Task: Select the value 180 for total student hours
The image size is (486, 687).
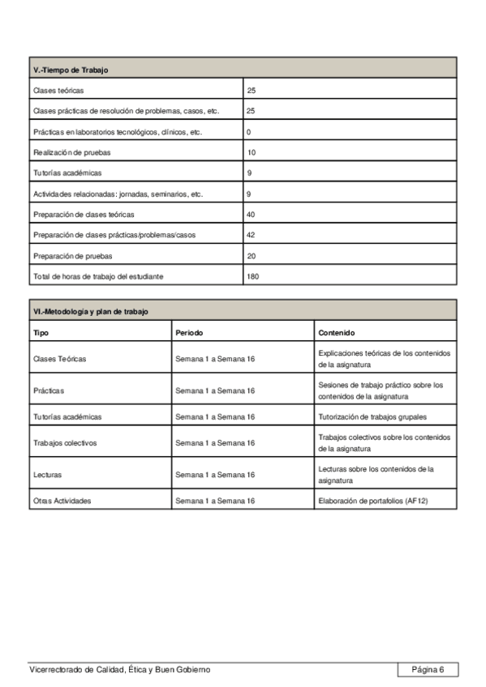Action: point(253,276)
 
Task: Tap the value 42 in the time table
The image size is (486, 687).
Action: point(251,235)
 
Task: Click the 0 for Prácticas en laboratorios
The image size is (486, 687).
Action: point(248,131)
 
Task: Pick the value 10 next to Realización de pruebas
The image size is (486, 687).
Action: point(251,152)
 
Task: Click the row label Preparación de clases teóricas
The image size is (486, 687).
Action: point(84,215)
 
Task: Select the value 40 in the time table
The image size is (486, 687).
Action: point(251,215)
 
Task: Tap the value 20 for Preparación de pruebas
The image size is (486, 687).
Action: point(251,256)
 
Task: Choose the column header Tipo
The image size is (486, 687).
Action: point(41,333)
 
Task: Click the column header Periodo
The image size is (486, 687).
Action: point(189,333)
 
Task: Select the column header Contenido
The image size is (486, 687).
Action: point(336,333)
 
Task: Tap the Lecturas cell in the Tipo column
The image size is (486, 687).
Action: point(47,475)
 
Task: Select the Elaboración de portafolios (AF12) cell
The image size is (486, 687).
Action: point(372,501)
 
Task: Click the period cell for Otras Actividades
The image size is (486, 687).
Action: point(215,501)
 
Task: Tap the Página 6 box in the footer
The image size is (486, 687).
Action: point(428,669)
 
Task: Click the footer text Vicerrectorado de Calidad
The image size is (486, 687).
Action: point(119,669)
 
